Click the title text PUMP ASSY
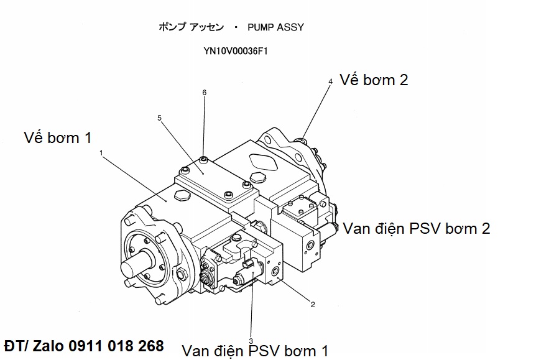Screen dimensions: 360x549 [275, 27]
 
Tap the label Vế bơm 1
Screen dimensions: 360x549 [62, 137]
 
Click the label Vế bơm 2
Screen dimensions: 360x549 [374, 80]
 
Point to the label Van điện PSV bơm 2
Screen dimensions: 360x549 [416, 228]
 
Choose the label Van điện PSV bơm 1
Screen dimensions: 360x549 [255, 351]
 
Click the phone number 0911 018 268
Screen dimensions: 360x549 [118, 346]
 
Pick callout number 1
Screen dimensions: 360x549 [100, 151]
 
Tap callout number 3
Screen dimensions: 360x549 [251, 340]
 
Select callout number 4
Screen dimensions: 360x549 [330, 81]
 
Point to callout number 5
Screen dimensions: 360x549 [160, 117]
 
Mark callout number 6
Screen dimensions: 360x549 [204, 93]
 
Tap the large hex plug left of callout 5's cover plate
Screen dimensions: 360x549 [182, 196]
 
